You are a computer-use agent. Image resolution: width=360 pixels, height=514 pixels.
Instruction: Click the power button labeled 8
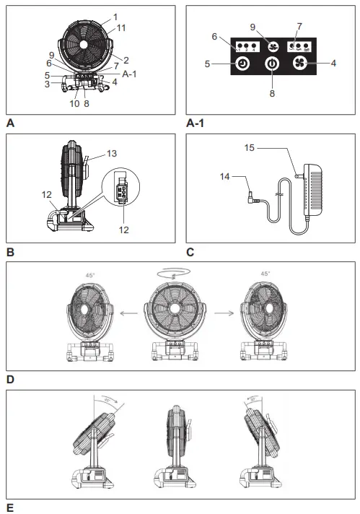pyautogui.click(x=271, y=64)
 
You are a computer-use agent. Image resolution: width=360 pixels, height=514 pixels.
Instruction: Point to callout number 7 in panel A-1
pyautogui.click(x=298, y=27)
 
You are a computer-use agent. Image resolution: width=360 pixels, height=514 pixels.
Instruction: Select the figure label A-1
pyautogui.click(x=196, y=123)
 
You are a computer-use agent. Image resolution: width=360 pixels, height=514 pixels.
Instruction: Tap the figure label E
pyautogui.click(x=9, y=508)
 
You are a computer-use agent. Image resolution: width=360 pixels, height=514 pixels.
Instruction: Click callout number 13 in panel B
pyautogui.click(x=110, y=153)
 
